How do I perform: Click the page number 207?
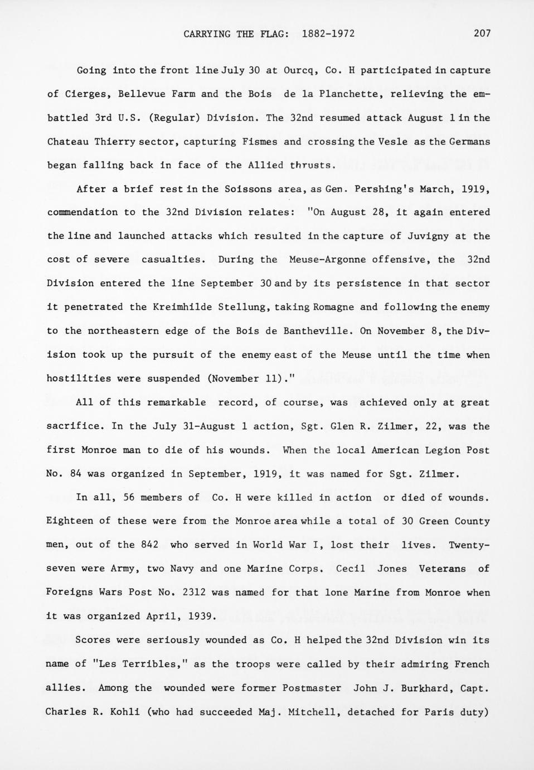(482, 33)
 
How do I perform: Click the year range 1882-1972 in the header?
(328, 33)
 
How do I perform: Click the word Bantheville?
(317, 331)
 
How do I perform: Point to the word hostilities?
(76, 378)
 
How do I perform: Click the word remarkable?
(176, 402)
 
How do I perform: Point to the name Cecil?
(350, 569)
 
